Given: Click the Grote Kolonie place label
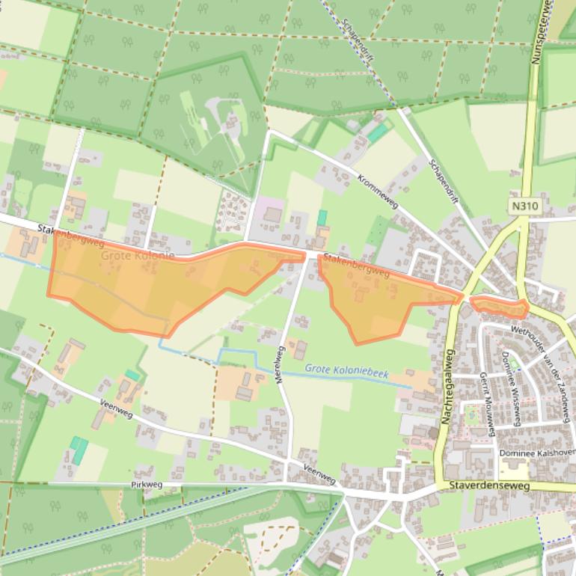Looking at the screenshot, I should [138, 256].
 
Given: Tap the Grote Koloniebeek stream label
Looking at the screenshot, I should [346, 370].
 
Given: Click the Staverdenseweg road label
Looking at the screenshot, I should [489, 485].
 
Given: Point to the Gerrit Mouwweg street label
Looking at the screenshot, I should [487, 403].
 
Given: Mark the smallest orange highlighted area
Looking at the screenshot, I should [500, 306].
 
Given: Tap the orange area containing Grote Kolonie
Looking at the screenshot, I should [135, 288].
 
